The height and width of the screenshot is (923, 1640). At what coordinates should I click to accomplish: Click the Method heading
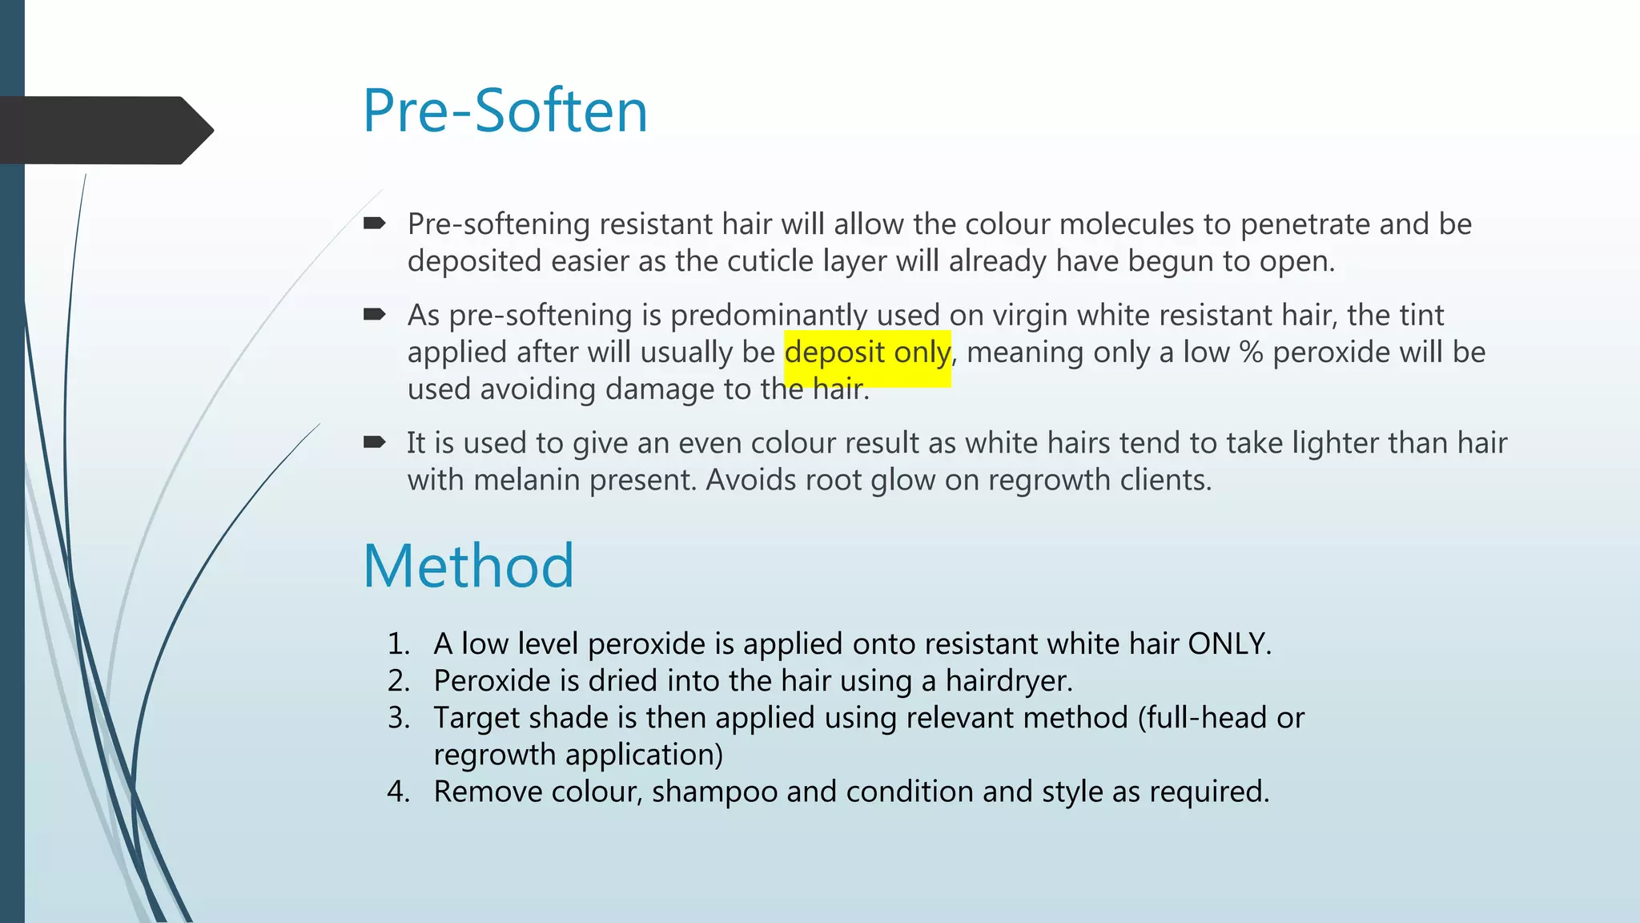coord(468,566)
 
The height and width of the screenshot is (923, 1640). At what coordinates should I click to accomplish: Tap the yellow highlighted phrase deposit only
coord(867,353)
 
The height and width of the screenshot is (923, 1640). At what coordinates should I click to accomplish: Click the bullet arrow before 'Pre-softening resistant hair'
coord(374,224)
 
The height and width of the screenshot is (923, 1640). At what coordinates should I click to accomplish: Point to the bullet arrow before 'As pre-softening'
coord(374,315)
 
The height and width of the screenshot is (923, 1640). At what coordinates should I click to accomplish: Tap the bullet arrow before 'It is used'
coord(374,442)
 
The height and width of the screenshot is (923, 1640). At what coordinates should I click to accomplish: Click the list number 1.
coord(398,644)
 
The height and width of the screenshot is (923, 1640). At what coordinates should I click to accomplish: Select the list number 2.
coord(398,681)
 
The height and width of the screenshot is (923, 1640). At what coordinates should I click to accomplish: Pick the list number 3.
coord(398,718)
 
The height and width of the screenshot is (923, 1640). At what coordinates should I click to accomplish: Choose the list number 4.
coord(398,792)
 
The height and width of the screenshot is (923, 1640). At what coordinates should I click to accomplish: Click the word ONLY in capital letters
coord(1228,644)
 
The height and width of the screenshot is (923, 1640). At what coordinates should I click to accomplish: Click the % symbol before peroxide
coord(1251,353)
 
